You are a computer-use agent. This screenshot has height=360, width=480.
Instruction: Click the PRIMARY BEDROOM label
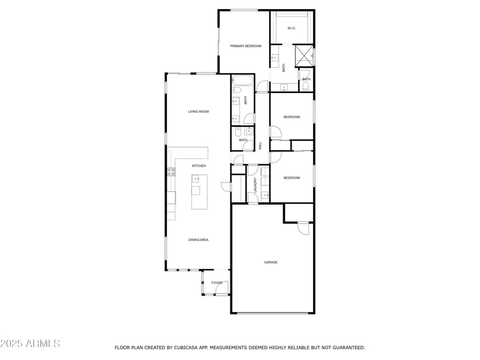point(245,46)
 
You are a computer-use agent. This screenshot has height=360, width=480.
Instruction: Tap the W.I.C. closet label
point(291,28)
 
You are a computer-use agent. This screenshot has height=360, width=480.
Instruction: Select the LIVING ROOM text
point(198,112)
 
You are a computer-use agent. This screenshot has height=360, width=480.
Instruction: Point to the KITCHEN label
point(199,166)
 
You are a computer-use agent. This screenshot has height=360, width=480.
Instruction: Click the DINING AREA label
point(198,240)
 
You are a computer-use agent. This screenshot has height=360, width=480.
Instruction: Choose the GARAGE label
point(271,262)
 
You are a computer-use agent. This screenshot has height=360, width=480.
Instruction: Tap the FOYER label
point(217,283)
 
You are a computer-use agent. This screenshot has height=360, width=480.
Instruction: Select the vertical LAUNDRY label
point(256,185)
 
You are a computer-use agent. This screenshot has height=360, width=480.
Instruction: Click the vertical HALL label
point(260,146)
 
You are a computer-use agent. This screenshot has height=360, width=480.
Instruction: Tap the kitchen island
point(199,192)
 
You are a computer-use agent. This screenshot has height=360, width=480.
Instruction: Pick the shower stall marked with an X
point(305,56)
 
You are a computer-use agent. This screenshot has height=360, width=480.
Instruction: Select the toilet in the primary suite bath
point(306,88)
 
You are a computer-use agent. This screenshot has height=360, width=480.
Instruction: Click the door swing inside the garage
point(304,229)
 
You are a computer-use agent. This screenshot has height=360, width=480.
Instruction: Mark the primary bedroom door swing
point(262,88)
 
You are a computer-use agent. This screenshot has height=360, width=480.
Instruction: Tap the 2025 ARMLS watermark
point(30,344)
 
